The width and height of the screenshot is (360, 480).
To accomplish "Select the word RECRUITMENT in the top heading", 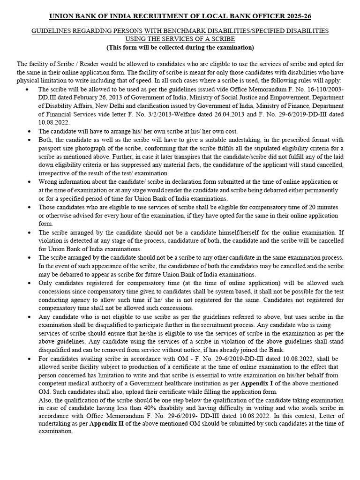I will pos(148,17).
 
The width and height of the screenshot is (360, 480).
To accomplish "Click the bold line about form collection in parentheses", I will pos(180,47).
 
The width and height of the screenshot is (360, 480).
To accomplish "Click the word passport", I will pos(50,148).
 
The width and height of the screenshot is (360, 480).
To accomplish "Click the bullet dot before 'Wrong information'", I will pos(30,182).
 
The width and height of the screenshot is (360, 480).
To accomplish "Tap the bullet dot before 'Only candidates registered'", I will pos(30,283).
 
